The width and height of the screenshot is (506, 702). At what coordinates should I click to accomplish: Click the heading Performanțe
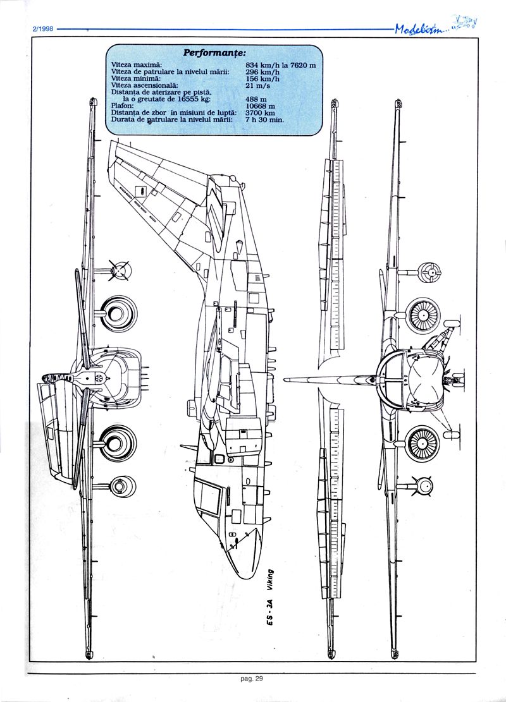(214, 52)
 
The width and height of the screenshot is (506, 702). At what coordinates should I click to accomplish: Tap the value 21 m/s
(257, 85)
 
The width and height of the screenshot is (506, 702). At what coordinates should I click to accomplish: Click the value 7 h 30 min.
(264, 119)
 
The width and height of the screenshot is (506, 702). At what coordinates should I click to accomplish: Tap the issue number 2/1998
(42, 28)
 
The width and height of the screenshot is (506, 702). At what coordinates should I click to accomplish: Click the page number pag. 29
(251, 680)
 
